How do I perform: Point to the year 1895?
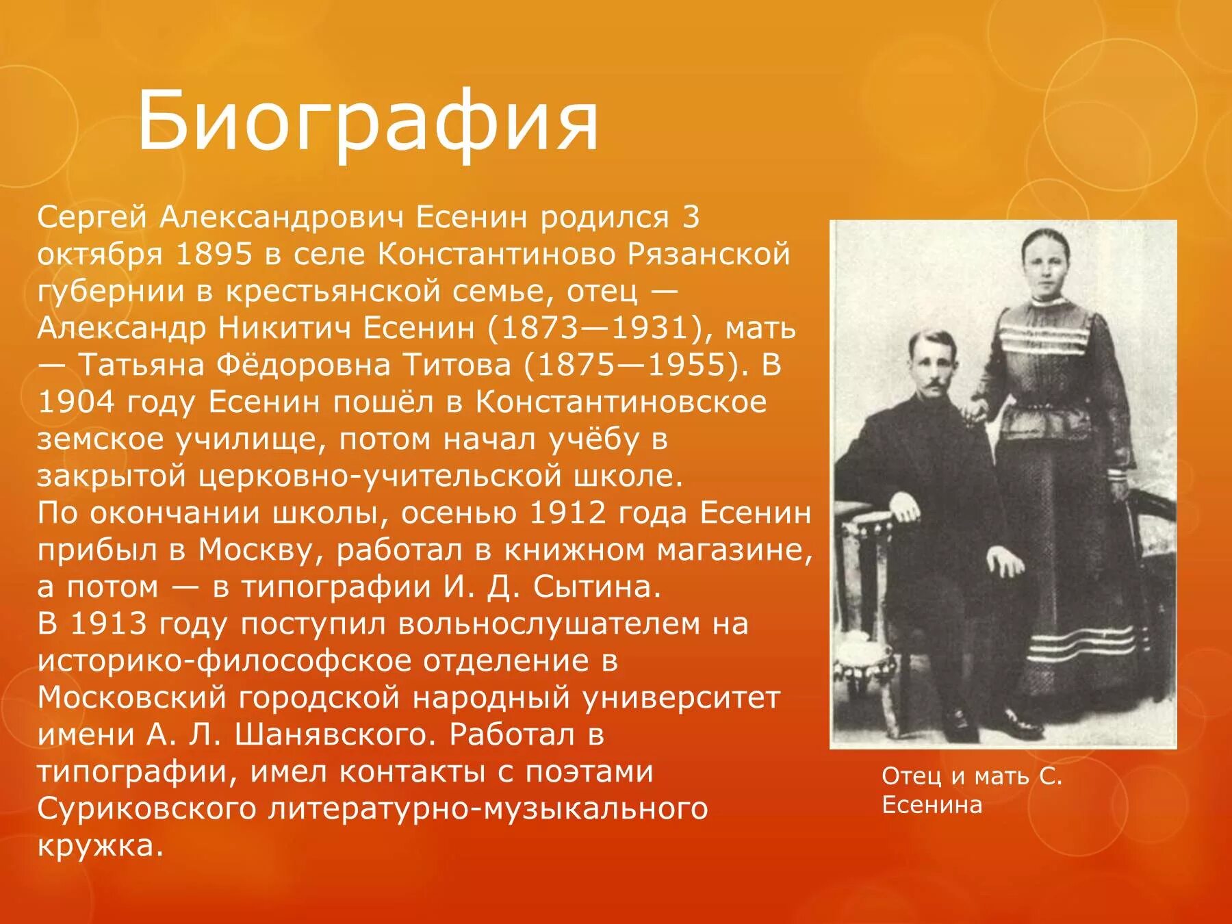pyautogui.click(x=214, y=255)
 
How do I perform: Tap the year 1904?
pyautogui.click(x=76, y=402)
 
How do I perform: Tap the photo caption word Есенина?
pyautogui.click(x=932, y=805)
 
